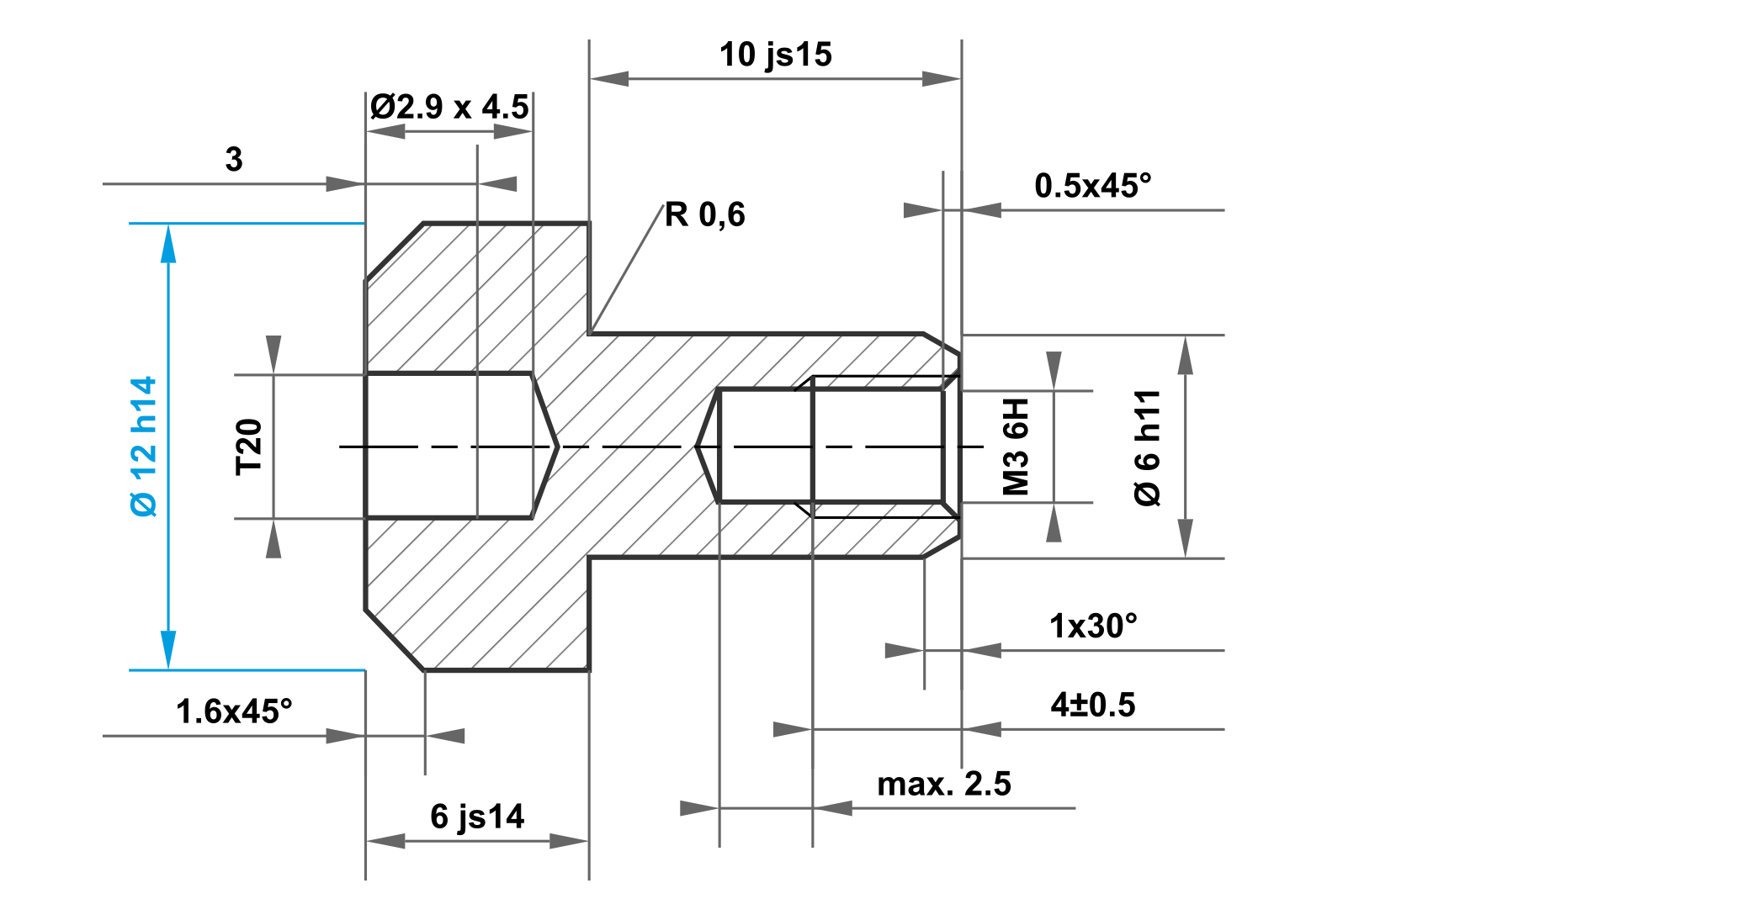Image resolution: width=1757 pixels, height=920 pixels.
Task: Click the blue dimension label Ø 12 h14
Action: [144, 447]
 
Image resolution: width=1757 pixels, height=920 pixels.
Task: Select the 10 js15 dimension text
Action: [776, 56]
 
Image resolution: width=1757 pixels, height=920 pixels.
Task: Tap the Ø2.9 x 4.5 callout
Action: [449, 108]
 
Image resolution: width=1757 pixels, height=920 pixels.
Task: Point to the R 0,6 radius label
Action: [705, 215]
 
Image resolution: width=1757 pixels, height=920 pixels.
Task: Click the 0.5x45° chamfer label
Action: [1093, 186]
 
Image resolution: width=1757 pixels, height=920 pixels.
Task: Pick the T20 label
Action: [249, 447]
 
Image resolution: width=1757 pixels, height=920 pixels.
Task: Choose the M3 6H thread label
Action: [1017, 447]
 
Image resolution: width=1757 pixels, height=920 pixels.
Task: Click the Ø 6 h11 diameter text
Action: [1148, 447]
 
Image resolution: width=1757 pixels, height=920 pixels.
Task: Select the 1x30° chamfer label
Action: [1093, 627]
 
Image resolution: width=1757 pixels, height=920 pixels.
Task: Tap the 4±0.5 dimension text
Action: [1093, 705]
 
